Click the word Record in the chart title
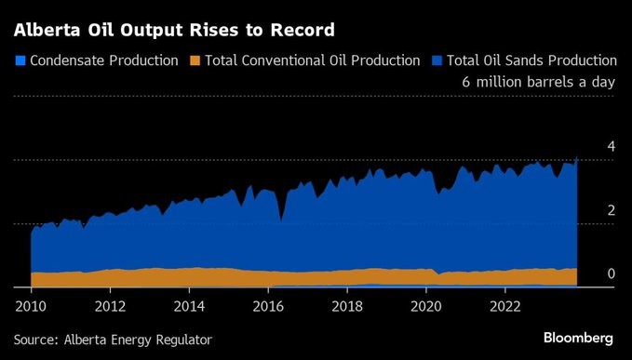pyautogui.click(x=302, y=30)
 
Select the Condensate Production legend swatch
pyautogui.click(x=20, y=60)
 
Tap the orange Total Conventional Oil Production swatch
pyautogui.click(x=195, y=60)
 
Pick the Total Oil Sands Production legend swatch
pyautogui.click(x=437, y=60)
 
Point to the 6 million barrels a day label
pyautogui.click(x=539, y=82)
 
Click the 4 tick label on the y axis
pyautogui.click(x=612, y=147)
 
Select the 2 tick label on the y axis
pyautogui.click(x=612, y=210)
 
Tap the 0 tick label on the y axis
pyautogui.click(x=612, y=273)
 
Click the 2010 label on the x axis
pyautogui.click(x=31, y=307)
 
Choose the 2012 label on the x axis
pyautogui.click(x=110, y=307)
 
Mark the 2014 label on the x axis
pyautogui.click(x=189, y=307)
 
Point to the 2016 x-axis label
pyautogui.click(x=268, y=307)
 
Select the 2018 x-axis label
pyautogui.click(x=347, y=307)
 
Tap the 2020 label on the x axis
pyautogui.click(x=426, y=307)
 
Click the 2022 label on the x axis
pyautogui.click(x=505, y=307)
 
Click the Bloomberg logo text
pyautogui.click(x=578, y=338)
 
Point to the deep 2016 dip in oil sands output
pyautogui.click(x=281, y=220)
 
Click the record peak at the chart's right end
pyautogui.click(x=577, y=158)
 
